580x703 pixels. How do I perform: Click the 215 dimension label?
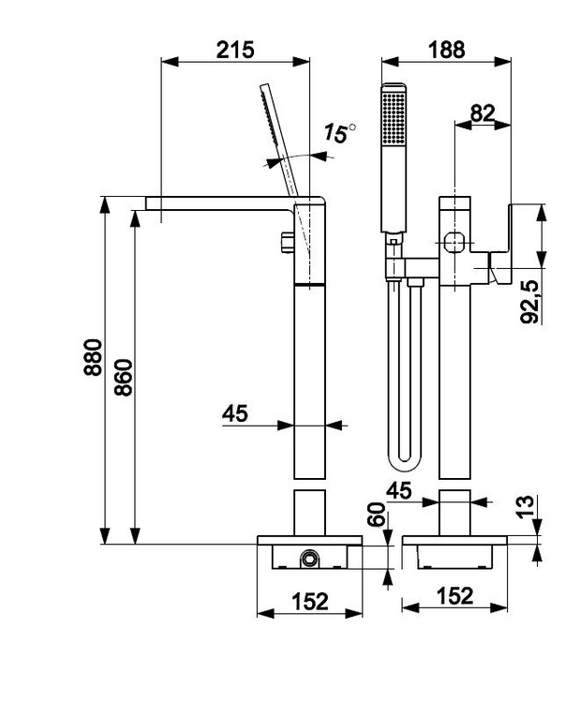(x=235, y=50)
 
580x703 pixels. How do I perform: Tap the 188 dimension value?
(x=446, y=50)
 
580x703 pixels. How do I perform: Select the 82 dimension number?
(x=483, y=113)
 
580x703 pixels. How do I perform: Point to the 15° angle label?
(x=339, y=133)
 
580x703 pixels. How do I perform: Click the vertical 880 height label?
(x=93, y=357)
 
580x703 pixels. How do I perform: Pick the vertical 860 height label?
(x=124, y=377)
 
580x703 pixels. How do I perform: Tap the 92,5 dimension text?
(x=529, y=302)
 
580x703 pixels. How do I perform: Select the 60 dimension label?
(x=376, y=514)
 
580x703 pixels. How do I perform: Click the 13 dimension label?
(x=526, y=507)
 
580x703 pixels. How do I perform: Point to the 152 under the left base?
(x=310, y=601)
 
